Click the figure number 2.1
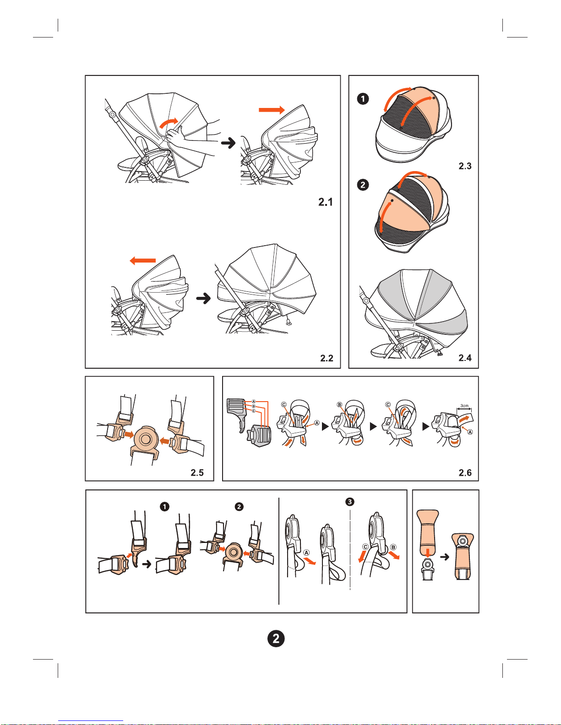(326, 202)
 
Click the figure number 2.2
(327, 358)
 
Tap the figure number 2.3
(465, 166)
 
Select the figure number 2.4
(465, 358)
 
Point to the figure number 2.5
(197, 473)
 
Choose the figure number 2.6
(465, 473)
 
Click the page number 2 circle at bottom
(276, 638)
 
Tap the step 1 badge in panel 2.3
(363, 99)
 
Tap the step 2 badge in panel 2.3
(363, 185)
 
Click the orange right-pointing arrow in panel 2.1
(272, 110)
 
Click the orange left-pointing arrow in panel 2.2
(143, 260)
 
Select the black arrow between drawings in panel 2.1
(228, 143)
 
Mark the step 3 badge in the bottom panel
(350, 502)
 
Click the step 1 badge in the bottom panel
(164, 506)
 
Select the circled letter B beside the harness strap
(393, 547)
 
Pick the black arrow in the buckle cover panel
(444, 557)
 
